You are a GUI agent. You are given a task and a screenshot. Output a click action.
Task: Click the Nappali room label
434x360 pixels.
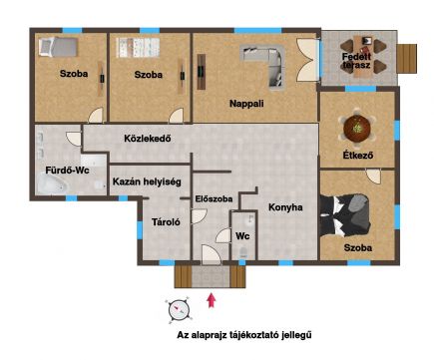(246, 104)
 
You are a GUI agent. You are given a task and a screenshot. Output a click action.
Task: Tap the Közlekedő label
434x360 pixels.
(148, 138)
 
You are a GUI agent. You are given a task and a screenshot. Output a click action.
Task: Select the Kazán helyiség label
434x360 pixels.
(147, 181)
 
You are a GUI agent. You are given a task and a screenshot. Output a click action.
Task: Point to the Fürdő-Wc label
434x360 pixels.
(68, 171)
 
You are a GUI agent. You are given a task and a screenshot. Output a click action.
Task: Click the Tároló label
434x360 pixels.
(166, 221)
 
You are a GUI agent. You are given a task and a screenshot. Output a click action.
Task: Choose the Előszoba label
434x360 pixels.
(214, 198)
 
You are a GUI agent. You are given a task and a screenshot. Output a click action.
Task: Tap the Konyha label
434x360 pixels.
(285, 207)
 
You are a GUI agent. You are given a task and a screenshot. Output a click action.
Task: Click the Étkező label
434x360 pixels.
(358, 155)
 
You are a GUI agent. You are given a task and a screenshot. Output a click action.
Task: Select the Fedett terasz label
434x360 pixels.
(356, 61)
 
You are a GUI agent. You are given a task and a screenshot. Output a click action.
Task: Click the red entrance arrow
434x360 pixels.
(212, 300)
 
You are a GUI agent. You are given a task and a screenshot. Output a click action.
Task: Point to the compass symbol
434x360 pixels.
(179, 310)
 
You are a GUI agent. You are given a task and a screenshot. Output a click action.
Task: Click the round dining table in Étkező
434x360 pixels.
(357, 128)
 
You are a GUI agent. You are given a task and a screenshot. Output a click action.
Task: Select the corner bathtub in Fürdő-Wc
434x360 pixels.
(52, 184)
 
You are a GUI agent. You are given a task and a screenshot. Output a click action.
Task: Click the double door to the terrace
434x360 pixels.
(307, 60)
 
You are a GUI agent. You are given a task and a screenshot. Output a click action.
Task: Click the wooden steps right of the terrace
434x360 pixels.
(407, 59)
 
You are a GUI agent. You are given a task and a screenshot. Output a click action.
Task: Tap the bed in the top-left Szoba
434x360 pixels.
(58, 46)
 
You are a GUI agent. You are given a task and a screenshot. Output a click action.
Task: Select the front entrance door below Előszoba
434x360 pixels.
(211, 255)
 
